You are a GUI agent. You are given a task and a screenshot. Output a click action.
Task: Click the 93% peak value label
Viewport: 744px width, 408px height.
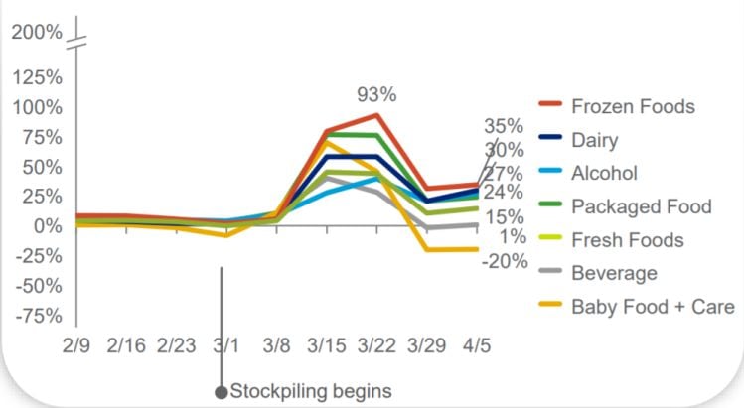coord(376,95)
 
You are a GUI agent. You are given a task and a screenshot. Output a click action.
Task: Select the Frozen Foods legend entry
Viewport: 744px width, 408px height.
coord(633,106)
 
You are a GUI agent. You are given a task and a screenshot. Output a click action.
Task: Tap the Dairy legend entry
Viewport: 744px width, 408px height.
coord(595,140)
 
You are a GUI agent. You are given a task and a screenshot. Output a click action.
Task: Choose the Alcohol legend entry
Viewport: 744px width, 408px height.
coord(604,173)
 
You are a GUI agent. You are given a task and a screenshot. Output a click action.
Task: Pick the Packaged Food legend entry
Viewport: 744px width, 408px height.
coord(641,206)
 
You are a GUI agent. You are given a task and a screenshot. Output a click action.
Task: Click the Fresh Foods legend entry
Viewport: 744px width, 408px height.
coord(627,239)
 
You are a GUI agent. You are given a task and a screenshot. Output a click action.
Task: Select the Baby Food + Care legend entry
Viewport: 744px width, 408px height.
coord(653,306)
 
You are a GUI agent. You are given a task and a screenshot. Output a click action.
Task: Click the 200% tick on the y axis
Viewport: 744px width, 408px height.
coord(37,33)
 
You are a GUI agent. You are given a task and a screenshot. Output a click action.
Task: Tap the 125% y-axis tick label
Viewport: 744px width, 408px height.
coord(38,77)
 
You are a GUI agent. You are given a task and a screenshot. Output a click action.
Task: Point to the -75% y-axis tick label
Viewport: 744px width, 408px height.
coord(40,316)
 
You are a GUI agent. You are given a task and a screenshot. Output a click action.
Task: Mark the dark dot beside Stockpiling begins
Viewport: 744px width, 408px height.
coord(222,391)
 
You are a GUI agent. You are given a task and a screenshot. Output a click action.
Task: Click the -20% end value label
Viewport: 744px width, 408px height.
coord(506,261)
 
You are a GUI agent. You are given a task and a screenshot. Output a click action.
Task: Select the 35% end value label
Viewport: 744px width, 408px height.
coord(504,126)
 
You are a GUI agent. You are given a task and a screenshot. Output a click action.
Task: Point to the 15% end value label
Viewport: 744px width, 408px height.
coord(506,217)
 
